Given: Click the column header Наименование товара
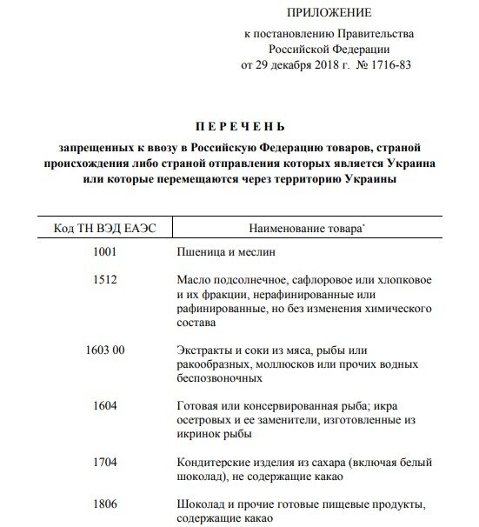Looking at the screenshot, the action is coord(294,230).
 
